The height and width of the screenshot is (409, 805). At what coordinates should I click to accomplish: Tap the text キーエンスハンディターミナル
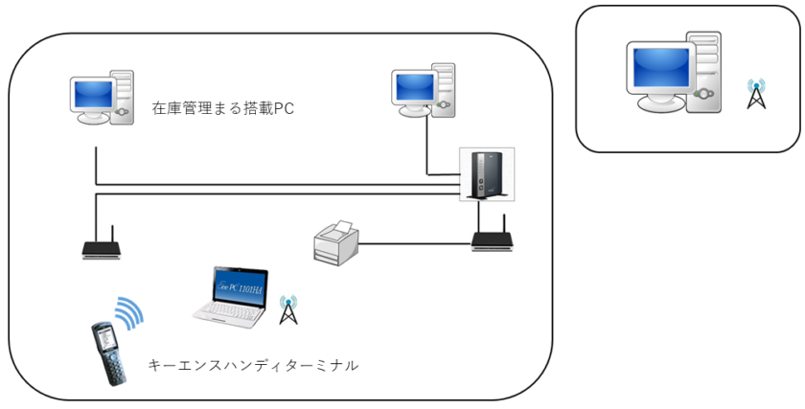coord(254,365)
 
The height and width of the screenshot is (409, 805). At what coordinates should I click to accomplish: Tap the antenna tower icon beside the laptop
coord(285,308)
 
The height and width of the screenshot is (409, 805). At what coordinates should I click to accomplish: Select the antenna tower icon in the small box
coord(756,94)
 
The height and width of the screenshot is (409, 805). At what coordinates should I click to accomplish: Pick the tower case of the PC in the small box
coord(706,77)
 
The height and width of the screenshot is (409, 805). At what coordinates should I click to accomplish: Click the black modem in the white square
coord(486,175)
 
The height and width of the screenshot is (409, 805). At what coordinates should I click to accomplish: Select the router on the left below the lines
coord(103,248)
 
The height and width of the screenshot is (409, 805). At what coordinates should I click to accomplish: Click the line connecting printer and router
coord(417,243)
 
